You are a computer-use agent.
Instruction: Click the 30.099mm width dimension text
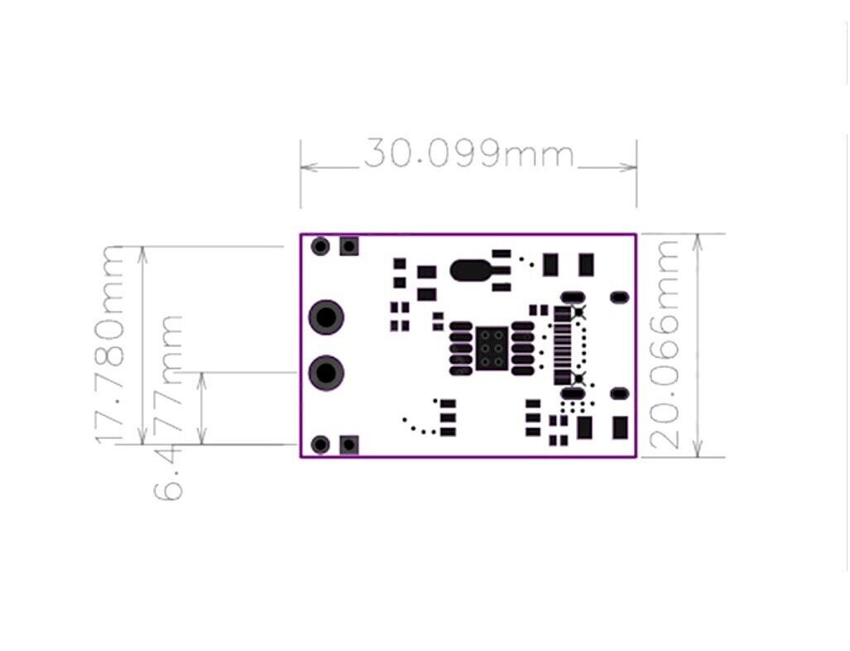click(468, 154)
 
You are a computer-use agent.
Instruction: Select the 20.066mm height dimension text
click(667, 344)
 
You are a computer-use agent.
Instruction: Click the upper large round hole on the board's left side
click(327, 317)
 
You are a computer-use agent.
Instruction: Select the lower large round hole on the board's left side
click(327, 372)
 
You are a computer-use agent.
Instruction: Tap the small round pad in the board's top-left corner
click(320, 246)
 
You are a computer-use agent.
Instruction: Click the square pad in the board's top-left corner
click(349, 246)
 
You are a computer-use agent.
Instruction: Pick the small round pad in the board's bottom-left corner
click(320, 445)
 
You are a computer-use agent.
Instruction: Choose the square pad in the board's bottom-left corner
click(349, 445)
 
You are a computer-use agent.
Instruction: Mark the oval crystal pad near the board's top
click(470, 269)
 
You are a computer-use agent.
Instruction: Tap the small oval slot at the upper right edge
click(618, 297)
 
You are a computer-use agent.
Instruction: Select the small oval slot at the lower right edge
click(618, 393)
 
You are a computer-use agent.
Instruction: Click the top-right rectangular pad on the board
click(586, 264)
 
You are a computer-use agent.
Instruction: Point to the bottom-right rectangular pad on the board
click(620, 427)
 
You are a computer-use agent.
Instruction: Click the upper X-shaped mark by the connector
click(579, 312)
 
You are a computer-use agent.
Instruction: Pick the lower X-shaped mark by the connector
click(579, 379)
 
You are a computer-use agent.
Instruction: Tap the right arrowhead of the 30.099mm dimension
click(631, 166)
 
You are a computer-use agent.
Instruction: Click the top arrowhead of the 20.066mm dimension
click(699, 240)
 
